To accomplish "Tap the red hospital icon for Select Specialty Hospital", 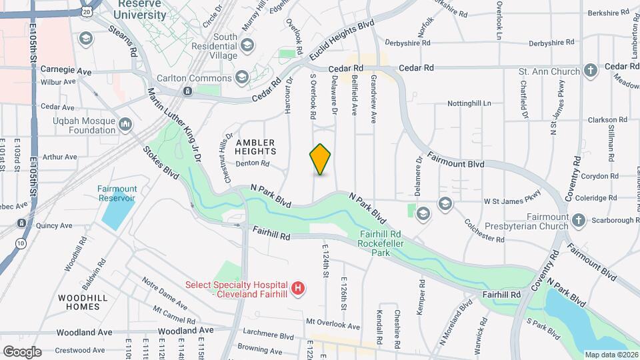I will click(x=299, y=288).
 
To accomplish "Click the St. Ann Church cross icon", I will click(x=590, y=71).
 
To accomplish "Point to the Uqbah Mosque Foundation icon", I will click(x=125, y=125).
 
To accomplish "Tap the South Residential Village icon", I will click(x=247, y=46).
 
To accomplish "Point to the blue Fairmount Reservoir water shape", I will click(x=117, y=212).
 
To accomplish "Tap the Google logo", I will click(x=22, y=351).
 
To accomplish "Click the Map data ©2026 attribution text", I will click(x=611, y=354).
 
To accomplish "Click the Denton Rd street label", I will click(x=252, y=163).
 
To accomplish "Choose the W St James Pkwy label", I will click(x=512, y=201).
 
